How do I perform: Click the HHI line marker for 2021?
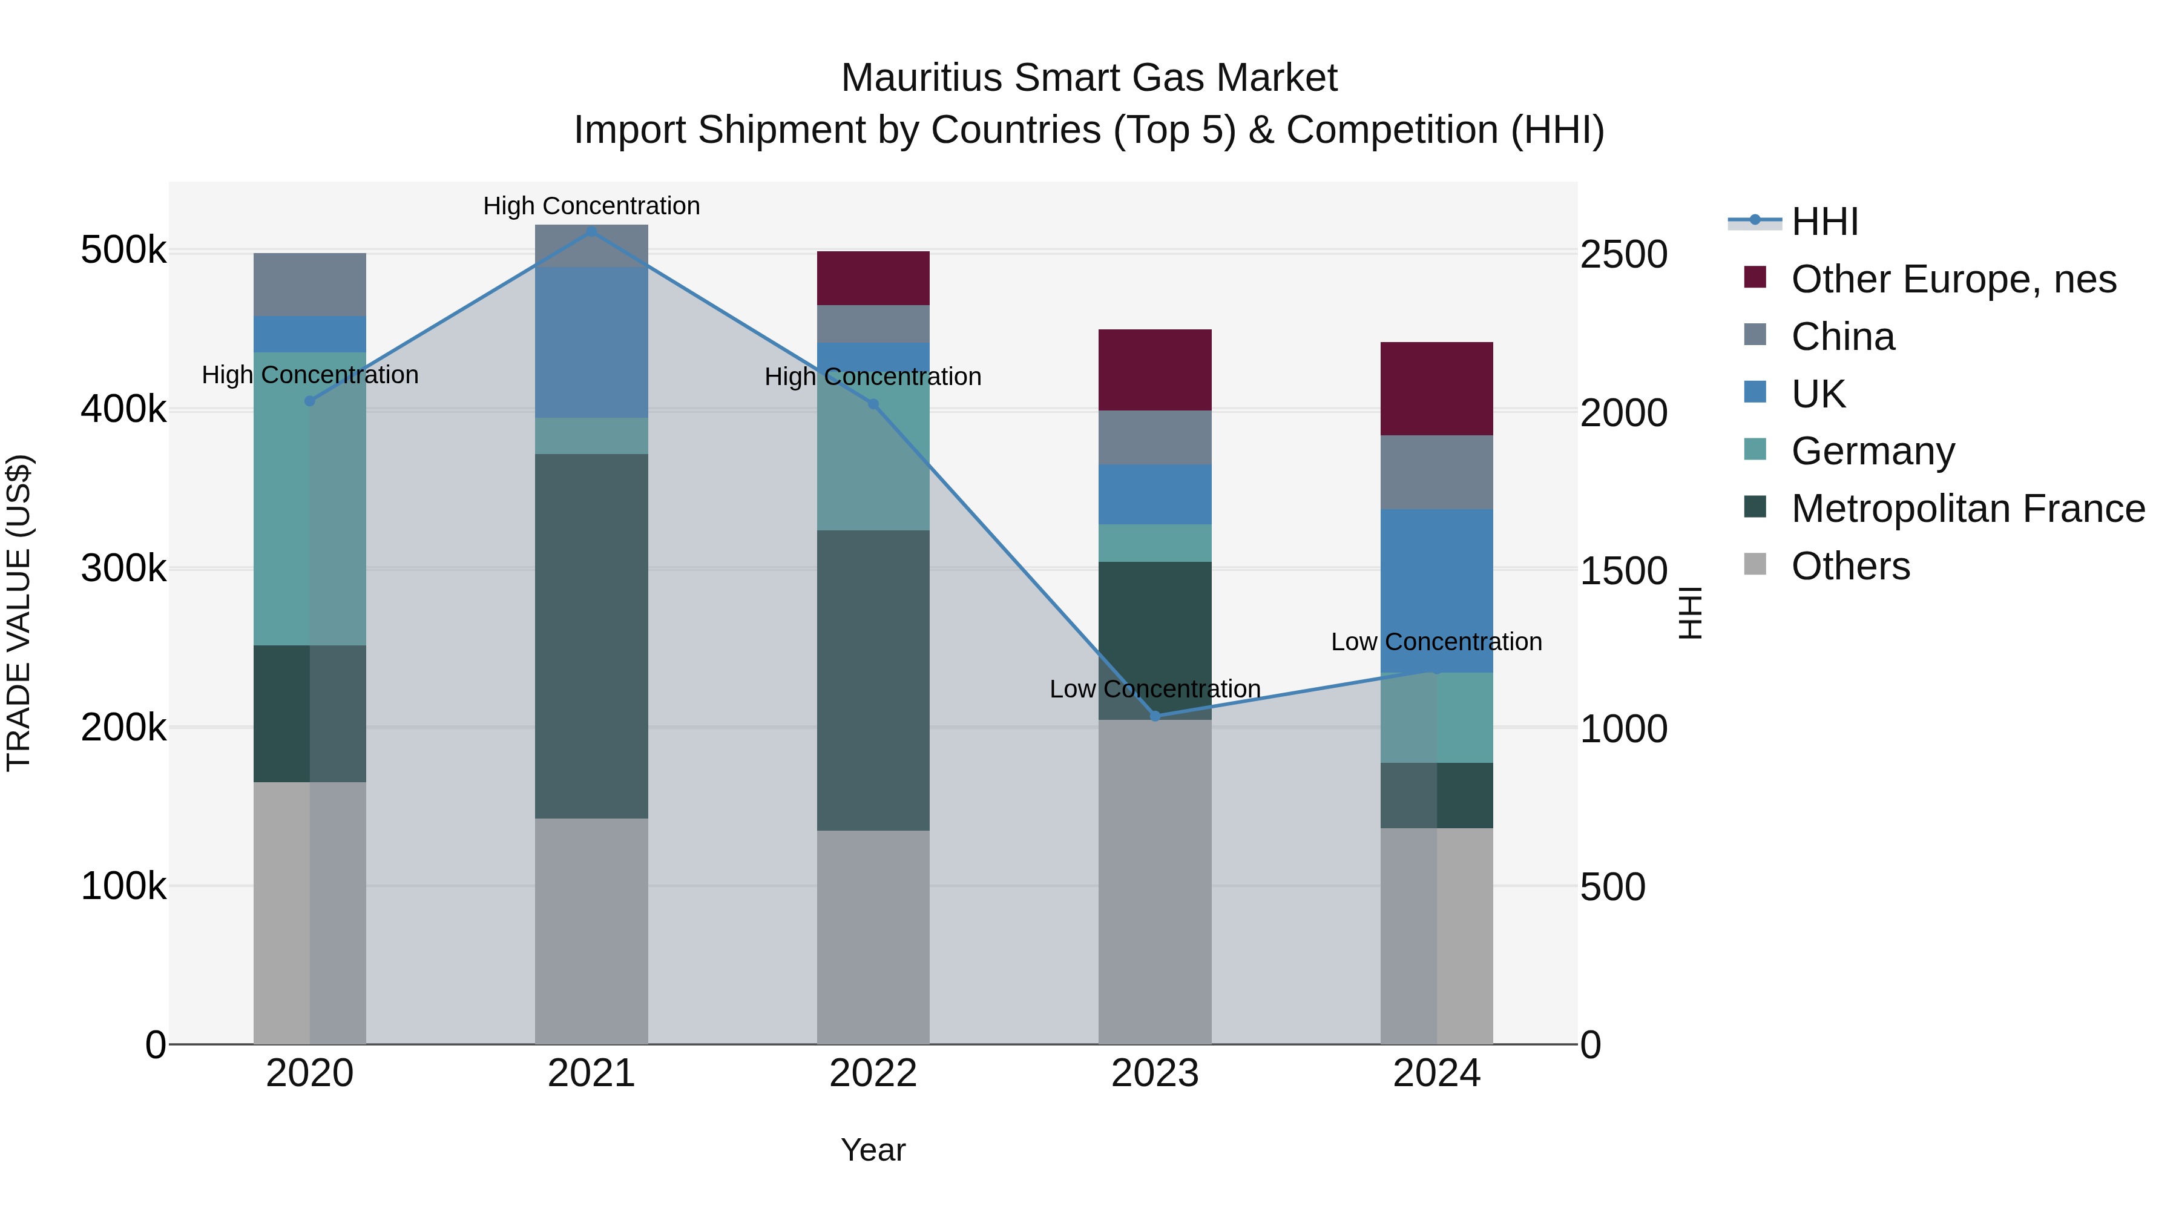(x=591, y=231)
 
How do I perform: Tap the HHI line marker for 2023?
(x=1155, y=716)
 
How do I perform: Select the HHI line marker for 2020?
(x=309, y=401)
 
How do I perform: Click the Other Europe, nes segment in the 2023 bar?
(x=1155, y=370)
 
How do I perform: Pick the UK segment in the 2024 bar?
(x=1436, y=590)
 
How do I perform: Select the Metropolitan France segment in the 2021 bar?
(x=591, y=636)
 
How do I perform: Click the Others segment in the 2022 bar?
(x=873, y=936)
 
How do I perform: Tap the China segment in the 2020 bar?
(x=309, y=285)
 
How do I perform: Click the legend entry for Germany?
(x=1872, y=451)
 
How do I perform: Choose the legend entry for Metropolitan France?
(x=1968, y=509)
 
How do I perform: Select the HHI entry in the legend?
(x=1824, y=222)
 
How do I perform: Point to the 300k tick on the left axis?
(x=123, y=569)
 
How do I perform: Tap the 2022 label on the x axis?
(x=873, y=1073)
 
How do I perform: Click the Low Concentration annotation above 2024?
(x=1436, y=641)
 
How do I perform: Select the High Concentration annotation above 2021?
(x=591, y=206)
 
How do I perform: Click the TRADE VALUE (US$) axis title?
(x=19, y=613)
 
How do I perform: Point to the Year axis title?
(x=873, y=1150)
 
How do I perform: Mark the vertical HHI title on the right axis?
(x=1689, y=613)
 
